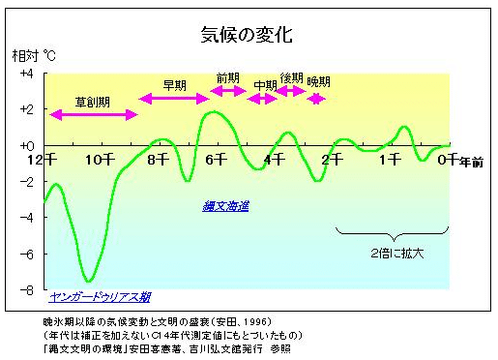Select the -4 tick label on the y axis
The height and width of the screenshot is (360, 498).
point(26,219)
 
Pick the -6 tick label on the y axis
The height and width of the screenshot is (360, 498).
point(26,255)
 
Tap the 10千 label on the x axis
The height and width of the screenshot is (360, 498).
point(100,159)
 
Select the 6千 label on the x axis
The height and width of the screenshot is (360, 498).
point(217,159)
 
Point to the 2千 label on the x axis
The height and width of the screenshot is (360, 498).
point(333,159)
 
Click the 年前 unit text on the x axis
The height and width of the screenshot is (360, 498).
point(471,161)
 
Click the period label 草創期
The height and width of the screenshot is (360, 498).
point(93,102)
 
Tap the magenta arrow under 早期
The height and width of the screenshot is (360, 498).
point(174,99)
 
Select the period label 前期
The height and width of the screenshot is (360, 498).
point(228,77)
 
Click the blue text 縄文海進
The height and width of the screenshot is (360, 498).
point(225,206)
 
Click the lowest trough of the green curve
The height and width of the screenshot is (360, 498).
point(88,281)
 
